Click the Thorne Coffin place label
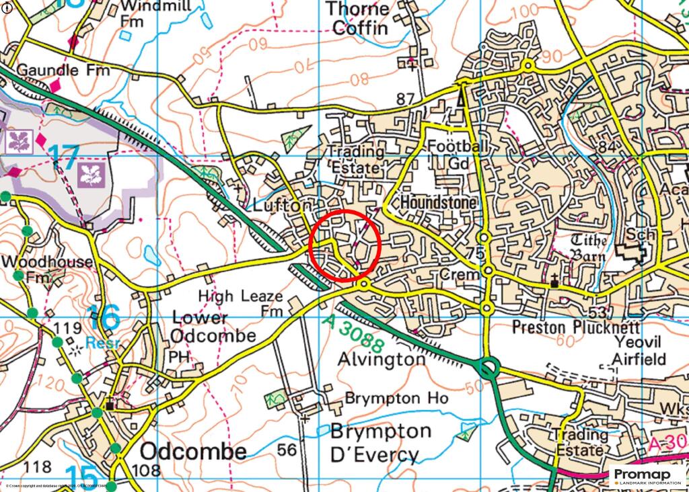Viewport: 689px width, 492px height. coord(357,18)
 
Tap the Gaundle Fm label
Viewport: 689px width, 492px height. coord(57,70)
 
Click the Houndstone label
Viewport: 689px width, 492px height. coord(438,202)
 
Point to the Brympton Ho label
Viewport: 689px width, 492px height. coord(396,398)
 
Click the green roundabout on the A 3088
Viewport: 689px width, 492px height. coord(488,368)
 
